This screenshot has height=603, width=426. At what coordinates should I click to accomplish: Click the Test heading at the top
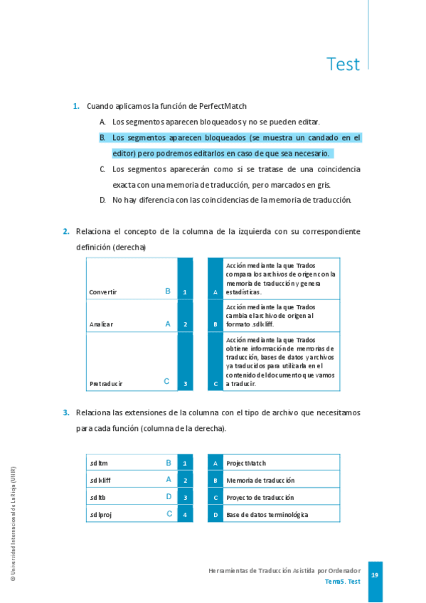coord(343,64)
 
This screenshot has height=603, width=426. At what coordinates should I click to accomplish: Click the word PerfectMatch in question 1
coord(223,106)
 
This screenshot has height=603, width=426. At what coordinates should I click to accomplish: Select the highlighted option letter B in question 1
coord(102,137)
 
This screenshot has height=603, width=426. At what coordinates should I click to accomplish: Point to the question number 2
coord(66,231)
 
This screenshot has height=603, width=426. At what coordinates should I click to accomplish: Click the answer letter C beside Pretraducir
coord(166,382)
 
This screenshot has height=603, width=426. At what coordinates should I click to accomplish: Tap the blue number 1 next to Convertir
coord(185,292)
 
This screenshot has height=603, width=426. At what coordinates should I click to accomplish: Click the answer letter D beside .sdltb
coord(169,497)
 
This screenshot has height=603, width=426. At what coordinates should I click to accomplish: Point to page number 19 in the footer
coord(375,575)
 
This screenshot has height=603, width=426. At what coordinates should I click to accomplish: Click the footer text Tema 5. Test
coord(343,582)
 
